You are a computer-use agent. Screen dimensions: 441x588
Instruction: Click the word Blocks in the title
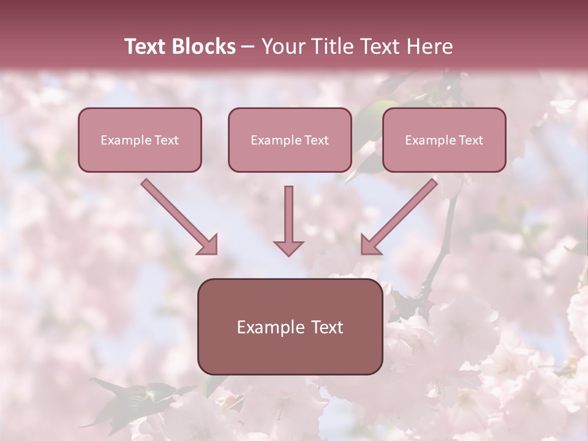coord(205,47)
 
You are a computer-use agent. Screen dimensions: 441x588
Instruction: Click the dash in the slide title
coord(248,47)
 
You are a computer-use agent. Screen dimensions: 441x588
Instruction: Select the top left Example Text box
coord(140,140)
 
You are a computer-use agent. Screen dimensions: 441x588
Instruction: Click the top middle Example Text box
coord(290,140)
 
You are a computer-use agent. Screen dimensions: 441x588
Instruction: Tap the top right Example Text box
coord(444,140)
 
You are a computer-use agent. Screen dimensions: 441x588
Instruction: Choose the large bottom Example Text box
coord(290,326)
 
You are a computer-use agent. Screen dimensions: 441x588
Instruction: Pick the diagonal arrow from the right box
coord(405,211)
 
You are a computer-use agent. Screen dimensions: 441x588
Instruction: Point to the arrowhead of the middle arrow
coord(288,248)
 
